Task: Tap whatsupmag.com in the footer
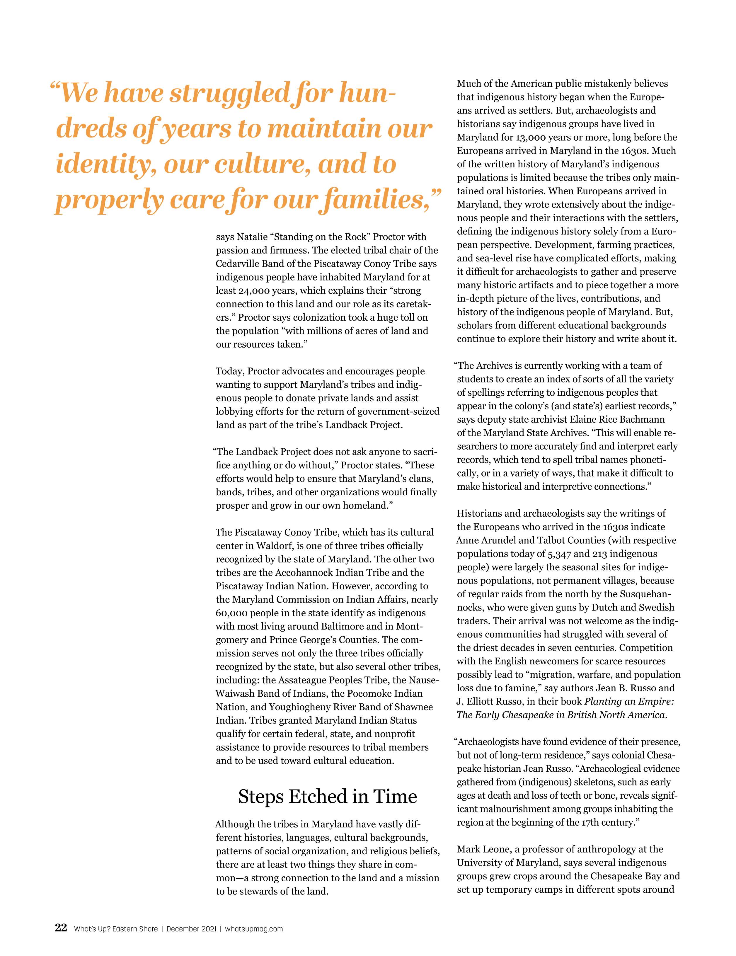254,929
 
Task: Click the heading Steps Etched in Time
327,797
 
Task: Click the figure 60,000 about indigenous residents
232,613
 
